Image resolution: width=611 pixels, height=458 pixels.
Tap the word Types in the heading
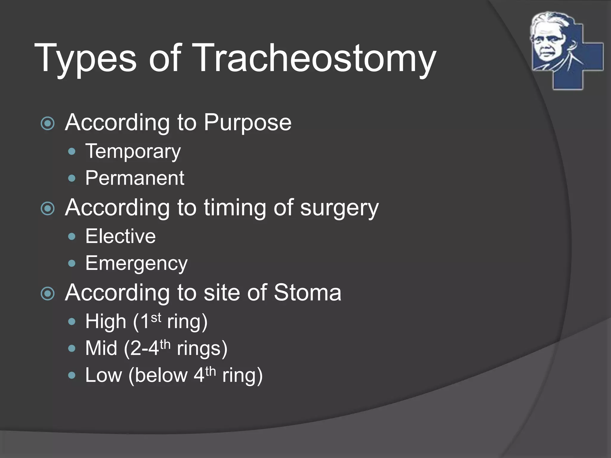[85, 58]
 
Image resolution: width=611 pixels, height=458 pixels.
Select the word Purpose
[247, 123]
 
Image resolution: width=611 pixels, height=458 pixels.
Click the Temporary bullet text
[133, 152]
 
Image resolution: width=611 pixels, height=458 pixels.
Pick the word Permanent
[135, 178]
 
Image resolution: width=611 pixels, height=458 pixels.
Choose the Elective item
[121, 236]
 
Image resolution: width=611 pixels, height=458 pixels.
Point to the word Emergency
[136, 264]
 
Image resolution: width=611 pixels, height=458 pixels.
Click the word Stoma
[307, 293]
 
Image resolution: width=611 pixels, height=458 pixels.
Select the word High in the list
[106, 322]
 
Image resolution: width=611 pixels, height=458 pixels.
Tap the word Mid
[101, 348]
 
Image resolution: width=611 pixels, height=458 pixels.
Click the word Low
[104, 375]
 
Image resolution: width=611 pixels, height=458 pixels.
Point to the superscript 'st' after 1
[156, 318]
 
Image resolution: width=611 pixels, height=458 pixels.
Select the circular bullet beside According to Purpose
[48, 123]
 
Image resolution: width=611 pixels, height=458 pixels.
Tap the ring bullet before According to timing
[48, 208]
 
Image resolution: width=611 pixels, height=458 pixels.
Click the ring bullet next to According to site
[48, 293]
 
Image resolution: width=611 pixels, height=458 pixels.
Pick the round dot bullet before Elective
[72, 237]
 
